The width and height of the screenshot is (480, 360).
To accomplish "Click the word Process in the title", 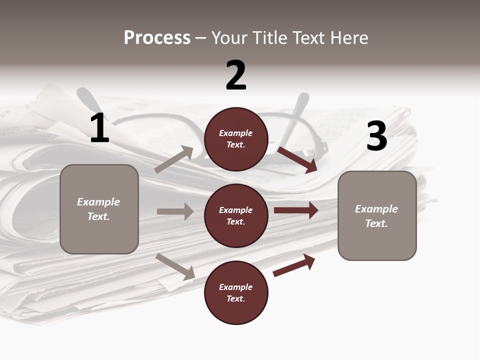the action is (157, 38).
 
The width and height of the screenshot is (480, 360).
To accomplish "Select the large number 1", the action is (99, 128).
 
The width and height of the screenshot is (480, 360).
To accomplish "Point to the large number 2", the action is (236, 75).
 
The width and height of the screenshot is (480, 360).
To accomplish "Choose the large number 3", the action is (376, 136).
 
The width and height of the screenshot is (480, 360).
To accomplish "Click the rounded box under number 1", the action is (99, 209).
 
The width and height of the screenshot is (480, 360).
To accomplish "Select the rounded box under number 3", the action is (377, 215).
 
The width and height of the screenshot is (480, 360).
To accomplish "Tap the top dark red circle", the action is (236, 139).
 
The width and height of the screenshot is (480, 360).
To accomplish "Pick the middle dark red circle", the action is (236, 215).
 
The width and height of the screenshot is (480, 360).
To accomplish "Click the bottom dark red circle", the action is (236, 292).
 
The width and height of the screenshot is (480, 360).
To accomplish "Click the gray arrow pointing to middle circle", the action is (175, 211).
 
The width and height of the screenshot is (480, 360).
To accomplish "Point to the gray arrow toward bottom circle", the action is (175, 266).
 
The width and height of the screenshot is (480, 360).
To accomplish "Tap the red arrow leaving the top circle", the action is (297, 159).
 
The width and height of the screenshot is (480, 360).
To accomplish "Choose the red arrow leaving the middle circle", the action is (296, 210).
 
